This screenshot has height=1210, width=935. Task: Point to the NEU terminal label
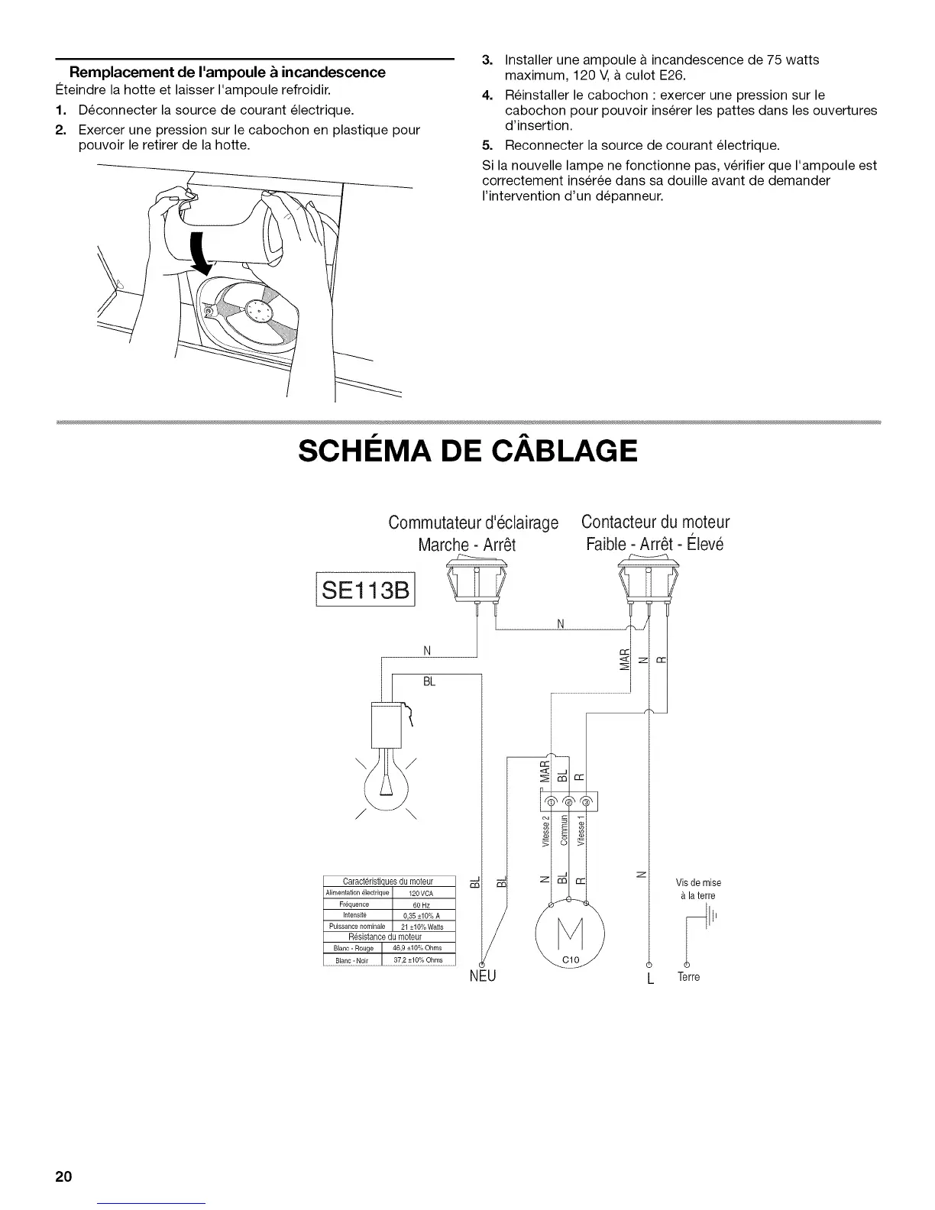(482, 977)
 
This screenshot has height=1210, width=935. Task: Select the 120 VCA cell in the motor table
(422, 893)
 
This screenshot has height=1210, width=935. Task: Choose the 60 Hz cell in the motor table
(422, 904)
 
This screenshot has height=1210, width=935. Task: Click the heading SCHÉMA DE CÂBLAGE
(467, 451)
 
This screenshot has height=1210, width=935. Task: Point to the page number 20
(63, 1176)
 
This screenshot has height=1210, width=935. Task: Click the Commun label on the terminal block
(564, 833)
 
